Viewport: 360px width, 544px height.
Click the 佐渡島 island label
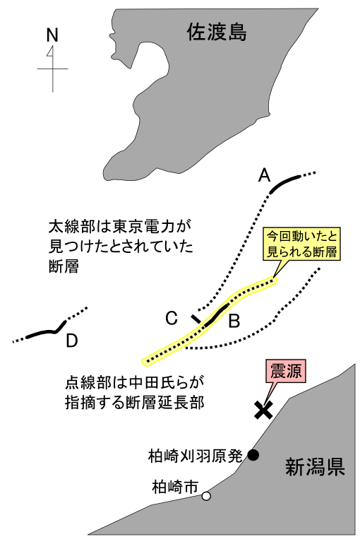tap(217, 32)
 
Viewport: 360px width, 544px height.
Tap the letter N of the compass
tap(52, 35)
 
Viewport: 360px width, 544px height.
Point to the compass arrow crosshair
tap(53, 69)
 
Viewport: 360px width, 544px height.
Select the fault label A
tap(264, 175)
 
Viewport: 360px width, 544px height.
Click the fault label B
tap(234, 321)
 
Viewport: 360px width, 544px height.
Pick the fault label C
tap(172, 318)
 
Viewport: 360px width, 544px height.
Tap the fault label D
tap(71, 341)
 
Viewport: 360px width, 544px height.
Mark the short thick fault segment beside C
tap(196, 319)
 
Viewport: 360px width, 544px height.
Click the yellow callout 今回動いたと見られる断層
tap(302, 244)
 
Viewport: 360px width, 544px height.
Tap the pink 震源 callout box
tap(286, 371)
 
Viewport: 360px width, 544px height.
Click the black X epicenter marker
tap(263, 410)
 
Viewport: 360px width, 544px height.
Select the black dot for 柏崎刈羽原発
tap(253, 454)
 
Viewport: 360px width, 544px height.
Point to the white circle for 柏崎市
tap(206, 496)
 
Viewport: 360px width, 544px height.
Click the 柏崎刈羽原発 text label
tap(195, 456)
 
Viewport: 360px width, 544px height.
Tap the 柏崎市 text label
tap(175, 487)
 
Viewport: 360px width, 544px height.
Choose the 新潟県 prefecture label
tap(315, 466)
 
